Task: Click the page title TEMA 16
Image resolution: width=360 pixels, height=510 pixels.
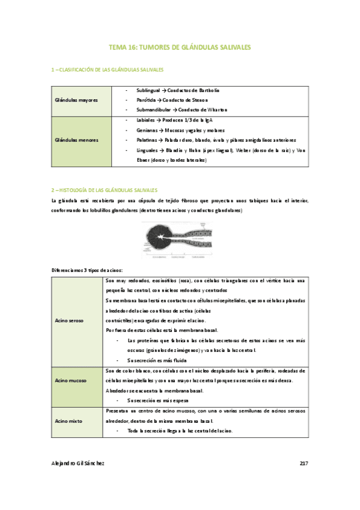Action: tap(180, 46)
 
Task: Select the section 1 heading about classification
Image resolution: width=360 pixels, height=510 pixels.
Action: tap(108, 70)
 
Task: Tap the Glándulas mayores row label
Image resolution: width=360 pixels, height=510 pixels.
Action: tap(76, 100)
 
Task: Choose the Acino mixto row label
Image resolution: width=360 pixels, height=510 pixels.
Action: tap(69, 422)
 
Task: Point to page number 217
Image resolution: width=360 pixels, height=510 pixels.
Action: tap(304, 463)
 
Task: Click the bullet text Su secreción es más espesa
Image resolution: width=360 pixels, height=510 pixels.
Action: tap(157, 400)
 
